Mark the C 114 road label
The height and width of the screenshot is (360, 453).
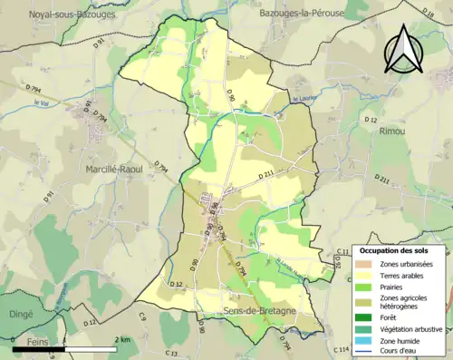(341, 349)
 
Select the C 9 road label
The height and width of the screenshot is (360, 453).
(142, 316)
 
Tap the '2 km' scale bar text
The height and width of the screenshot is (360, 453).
(123, 339)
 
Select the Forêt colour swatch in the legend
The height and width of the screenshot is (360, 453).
(366, 316)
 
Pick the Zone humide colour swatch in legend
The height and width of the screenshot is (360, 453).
(366, 342)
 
